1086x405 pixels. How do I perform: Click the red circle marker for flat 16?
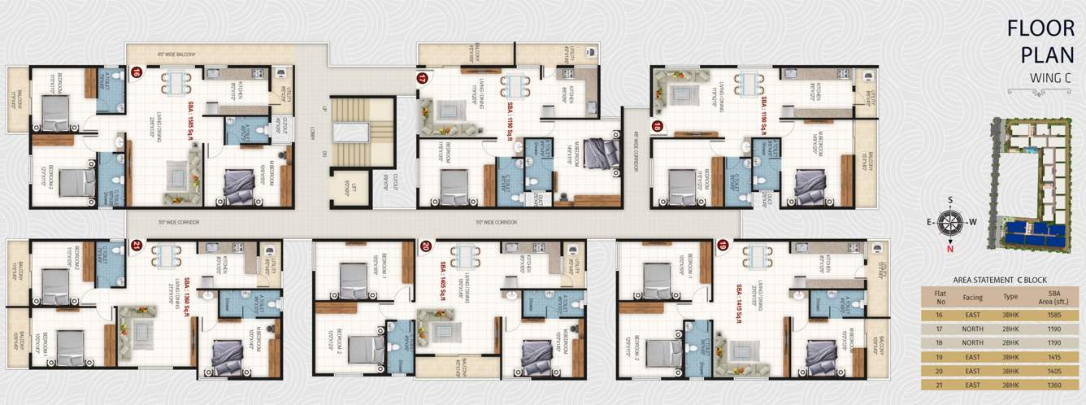(x=137, y=72)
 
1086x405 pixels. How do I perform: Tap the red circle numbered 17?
(x=422, y=79)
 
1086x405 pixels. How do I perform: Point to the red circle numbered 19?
(x=723, y=244)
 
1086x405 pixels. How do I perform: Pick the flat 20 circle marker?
(x=425, y=244)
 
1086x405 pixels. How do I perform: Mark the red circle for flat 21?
(x=137, y=244)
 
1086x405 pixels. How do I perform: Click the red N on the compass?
(x=949, y=250)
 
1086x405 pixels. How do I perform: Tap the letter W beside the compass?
(x=972, y=221)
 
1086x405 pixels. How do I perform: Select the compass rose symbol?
(x=949, y=221)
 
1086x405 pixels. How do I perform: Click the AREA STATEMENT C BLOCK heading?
(x=1000, y=277)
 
